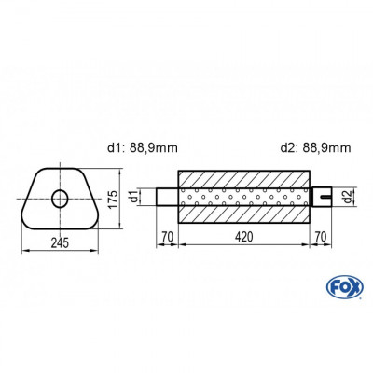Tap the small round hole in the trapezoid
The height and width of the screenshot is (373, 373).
click(x=61, y=198)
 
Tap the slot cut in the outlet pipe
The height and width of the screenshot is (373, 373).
click(x=325, y=197)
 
